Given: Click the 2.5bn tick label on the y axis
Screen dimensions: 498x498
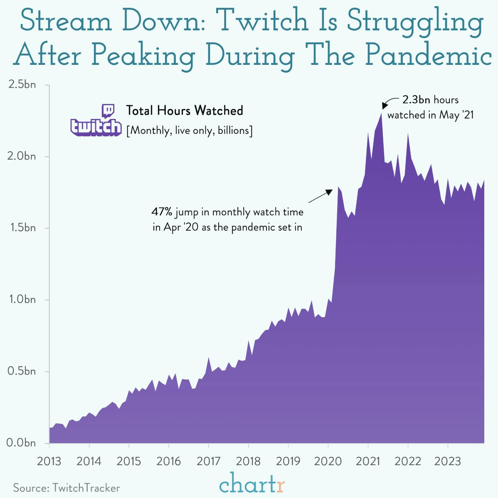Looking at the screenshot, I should click(x=22, y=85).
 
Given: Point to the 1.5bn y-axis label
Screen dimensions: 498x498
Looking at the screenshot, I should click(x=22, y=228).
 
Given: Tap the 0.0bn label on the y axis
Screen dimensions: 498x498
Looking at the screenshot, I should click(x=22, y=443).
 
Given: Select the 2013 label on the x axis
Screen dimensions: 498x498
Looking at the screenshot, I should click(x=49, y=461).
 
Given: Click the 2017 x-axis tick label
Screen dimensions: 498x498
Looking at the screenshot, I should click(x=208, y=461).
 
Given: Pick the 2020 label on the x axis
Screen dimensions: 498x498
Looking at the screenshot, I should click(x=328, y=461).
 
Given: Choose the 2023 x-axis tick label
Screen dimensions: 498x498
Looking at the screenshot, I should click(x=447, y=461).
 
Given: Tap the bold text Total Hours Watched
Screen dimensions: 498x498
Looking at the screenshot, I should click(x=185, y=111).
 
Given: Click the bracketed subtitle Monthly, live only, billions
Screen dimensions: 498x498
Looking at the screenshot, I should click(x=189, y=131).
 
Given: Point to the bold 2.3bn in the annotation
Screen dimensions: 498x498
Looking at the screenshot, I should click(x=416, y=100).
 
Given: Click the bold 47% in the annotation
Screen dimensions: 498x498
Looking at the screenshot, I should click(x=161, y=212).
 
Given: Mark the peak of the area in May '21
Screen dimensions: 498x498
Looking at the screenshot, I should click(x=381, y=113).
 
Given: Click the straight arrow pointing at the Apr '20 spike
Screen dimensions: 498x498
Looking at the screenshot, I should click(x=320, y=196).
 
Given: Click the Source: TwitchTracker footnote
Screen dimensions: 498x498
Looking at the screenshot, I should click(x=67, y=488).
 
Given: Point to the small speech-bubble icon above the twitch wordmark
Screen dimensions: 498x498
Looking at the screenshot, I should click(x=108, y=111).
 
